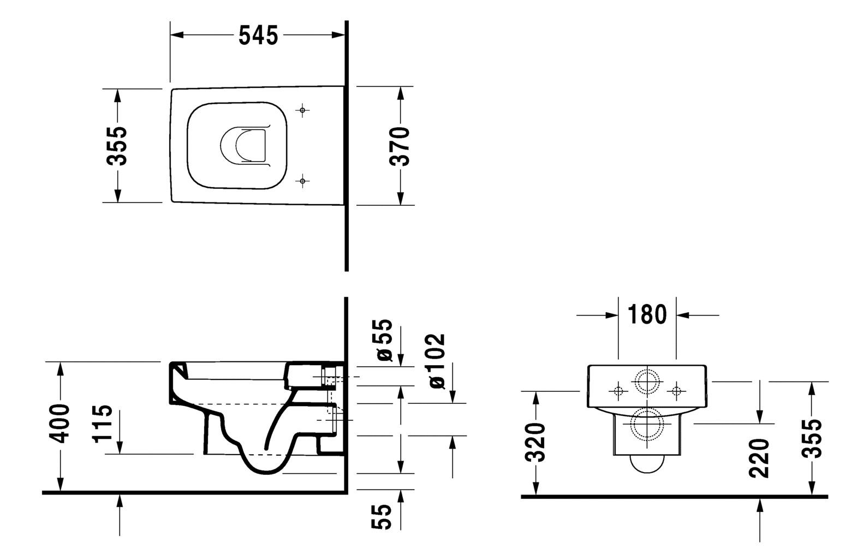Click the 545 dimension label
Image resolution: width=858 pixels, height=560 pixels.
[x=258, y=35]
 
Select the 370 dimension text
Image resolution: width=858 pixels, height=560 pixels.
[x=400, y=146]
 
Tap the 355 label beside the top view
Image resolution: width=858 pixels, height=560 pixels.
[x=117, y=146]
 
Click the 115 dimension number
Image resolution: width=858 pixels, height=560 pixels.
[x=103, y=424]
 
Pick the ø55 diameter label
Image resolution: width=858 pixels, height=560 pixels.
[x=385, y=340]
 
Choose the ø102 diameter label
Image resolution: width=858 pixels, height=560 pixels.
[x=437, y=361]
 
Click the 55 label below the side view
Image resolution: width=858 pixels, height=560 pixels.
[x=382, y=517]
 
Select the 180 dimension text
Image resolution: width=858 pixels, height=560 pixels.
[x=647, y=314]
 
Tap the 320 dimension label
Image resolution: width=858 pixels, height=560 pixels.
[x=535, y=443]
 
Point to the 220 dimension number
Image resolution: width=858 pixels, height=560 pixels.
[x=759, y=458]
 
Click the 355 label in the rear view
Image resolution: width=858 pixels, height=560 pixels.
[x=812, y=439]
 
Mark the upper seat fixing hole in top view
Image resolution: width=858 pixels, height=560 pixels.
[x=302, y=110]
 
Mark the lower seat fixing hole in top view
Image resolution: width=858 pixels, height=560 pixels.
[x=302, y=181]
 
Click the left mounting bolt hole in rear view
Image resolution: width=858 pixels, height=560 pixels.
[x=618, y=391]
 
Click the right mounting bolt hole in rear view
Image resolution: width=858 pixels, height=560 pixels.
[x=676, y=391]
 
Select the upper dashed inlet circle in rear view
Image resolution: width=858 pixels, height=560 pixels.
[x=647, y=370]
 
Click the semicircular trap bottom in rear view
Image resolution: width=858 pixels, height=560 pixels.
[x=647, y=472]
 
